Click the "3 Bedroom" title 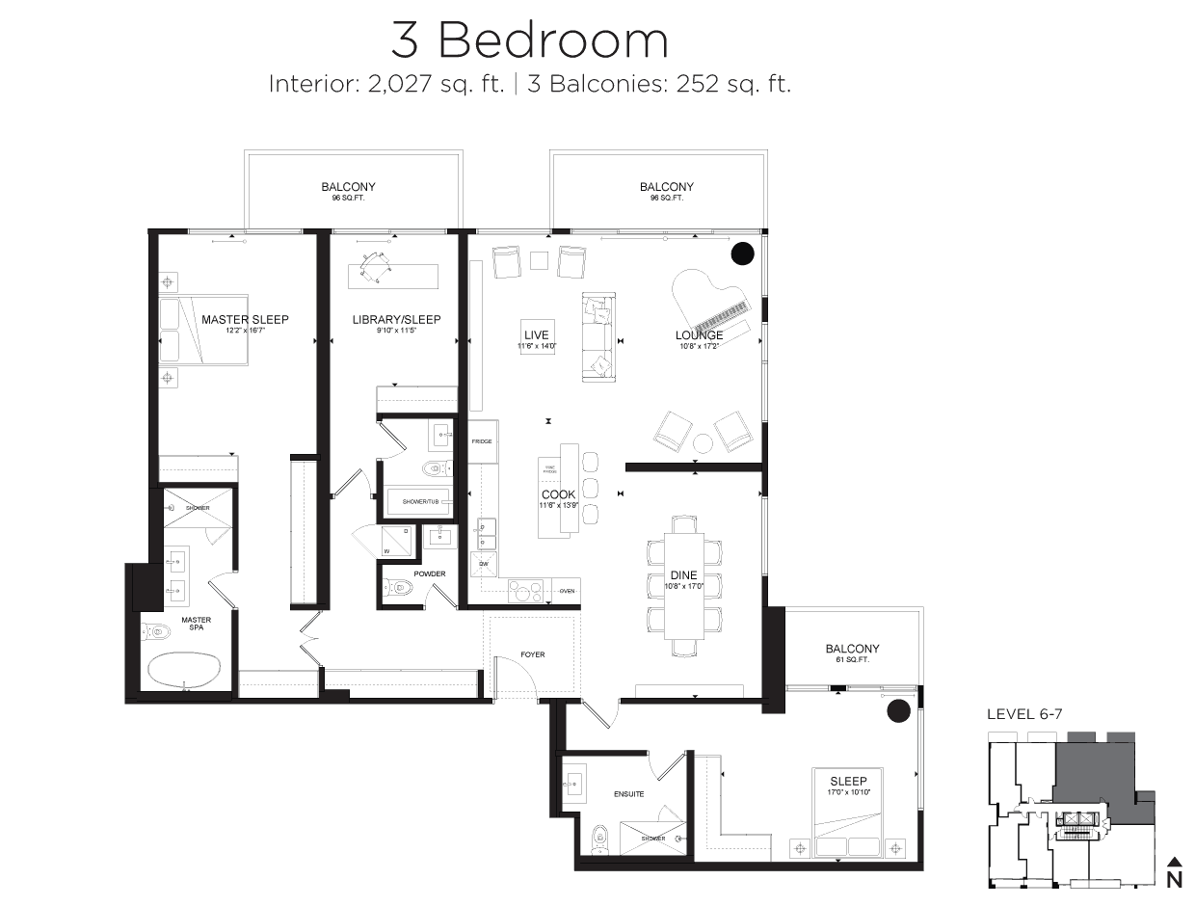pyautogui.click(x=529, y=40)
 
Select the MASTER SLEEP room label pyautogui.click(x=245, y=319)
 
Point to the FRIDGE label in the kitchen pyautogui.click(x=482, y=441)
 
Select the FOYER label pyautogui.click(x=532, y=654)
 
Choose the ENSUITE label pyautogui.click(x=628, y=794)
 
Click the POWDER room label pyautogui.click(x=430, y=574)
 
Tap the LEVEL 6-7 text pyautogui.click(x=1023, y=714)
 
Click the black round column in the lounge pyautogui.click(x=742, y=253)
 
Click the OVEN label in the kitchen pyautogui.click(x=567, y=591)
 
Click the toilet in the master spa pyautogui.click(x=156, y=633)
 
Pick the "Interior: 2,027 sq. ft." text pyautogui.click(x=387, y=84)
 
